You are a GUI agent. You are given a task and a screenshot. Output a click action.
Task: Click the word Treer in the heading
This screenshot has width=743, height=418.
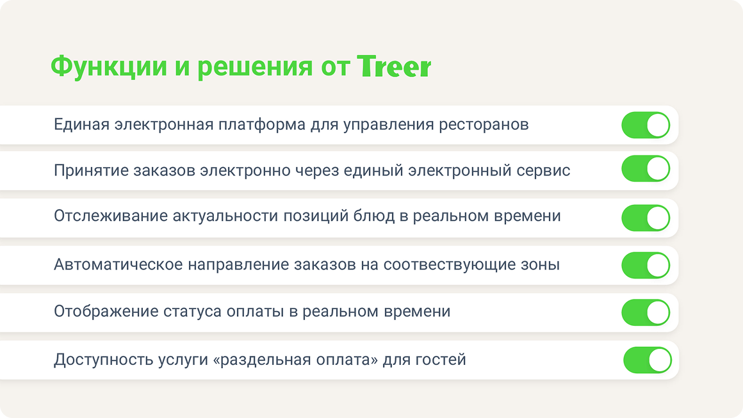(395, 66)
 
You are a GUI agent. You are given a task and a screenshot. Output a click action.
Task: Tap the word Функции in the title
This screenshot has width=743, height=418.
(109, 67)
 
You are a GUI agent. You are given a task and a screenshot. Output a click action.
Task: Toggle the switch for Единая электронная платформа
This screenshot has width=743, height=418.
(646, 125)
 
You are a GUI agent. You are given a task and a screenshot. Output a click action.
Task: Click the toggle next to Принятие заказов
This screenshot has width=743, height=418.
(646, 169)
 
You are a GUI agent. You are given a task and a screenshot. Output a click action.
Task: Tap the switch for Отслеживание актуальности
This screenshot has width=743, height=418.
(646, 218)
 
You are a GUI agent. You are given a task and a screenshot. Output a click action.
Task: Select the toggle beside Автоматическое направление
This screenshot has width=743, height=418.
(646, 265)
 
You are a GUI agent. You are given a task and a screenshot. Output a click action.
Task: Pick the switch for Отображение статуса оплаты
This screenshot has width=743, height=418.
(646, 312)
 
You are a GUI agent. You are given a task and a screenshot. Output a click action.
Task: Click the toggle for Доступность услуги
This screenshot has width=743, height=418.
(648, 360)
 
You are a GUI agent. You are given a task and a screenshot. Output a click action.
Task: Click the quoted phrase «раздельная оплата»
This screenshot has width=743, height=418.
(296, 360)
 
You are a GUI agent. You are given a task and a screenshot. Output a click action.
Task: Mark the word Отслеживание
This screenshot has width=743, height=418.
(110, 216)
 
